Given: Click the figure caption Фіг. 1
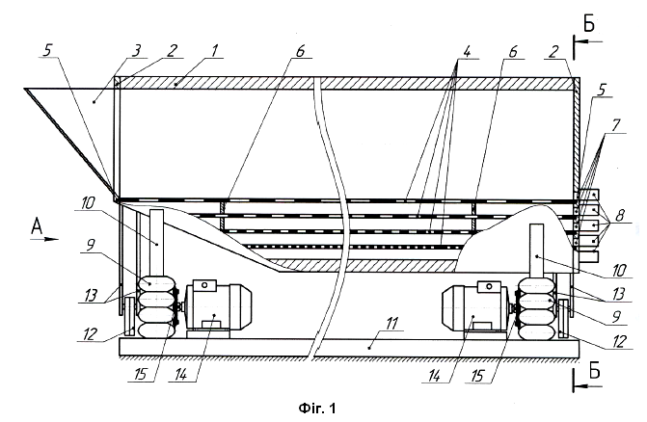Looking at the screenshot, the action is click(316, 408).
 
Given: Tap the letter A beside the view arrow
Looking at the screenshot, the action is click(37, 226).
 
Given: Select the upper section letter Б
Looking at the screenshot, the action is click(589, 24).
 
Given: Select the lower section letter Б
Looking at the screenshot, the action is click(594, 371).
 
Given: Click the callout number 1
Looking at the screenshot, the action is click(214, 51).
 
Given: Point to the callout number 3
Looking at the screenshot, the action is click(136, 51).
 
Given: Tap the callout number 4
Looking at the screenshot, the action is click(467, 52).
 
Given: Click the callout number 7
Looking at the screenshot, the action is click(615, 125).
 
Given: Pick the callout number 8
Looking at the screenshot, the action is click(620, 215).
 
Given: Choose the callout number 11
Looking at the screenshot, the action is click(391, 324).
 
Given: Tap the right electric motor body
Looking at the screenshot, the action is click(475, 307).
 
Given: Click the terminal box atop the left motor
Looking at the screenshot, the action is click(203, 285).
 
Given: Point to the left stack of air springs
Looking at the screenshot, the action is click(155, 307).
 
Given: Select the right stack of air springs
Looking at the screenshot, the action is click(537, 308).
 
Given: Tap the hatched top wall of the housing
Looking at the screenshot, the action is click(346, 83).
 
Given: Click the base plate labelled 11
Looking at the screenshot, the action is click(349, 348).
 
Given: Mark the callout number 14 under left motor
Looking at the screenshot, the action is click(180, 374).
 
